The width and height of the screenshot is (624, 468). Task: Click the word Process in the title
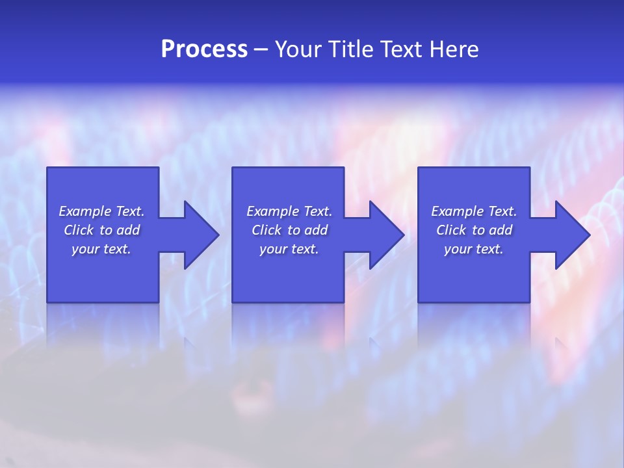[x=204, y=49]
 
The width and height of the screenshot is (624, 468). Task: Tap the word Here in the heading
[x=454, y=49]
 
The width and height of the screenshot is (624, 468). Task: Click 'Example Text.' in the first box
[x=101, y=211]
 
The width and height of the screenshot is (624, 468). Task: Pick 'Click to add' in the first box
[x=101, y=230]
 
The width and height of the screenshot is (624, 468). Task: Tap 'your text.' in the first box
[x=101, y=249]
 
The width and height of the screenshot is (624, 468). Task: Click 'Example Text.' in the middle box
[x=289, y=211]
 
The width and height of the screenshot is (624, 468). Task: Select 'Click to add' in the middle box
[x=289, y=230]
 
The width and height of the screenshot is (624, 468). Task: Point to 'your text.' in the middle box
[x=289, y=249]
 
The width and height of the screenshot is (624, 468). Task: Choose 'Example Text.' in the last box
[x=474, y=211]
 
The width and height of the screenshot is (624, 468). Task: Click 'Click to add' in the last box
[x=474, y=230]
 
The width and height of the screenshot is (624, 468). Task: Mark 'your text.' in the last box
[x=474, y=249]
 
